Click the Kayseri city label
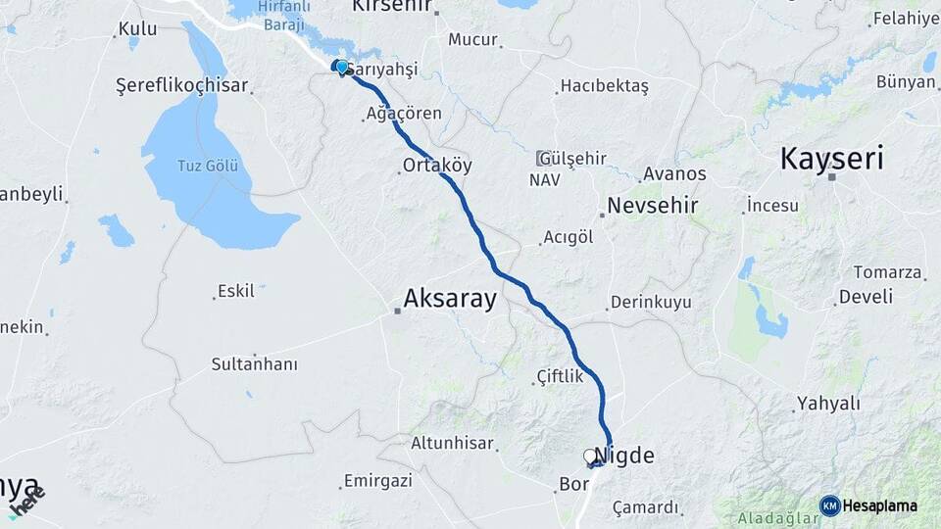pos(831,158)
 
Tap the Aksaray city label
pos(451,299)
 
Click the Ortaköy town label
pos(437,165)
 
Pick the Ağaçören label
pos(403,114)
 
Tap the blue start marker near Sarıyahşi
pos(340,68)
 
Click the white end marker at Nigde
pos(591,456)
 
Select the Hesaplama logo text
pos(881,505)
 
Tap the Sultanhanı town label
pos(254,364)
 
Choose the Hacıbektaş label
pos(604,86)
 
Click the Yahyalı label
pos(827,403)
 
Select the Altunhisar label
pos(452,443)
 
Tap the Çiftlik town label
pos(560,376)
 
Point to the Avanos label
pos(673,174)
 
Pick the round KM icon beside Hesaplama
pos(829,505)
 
